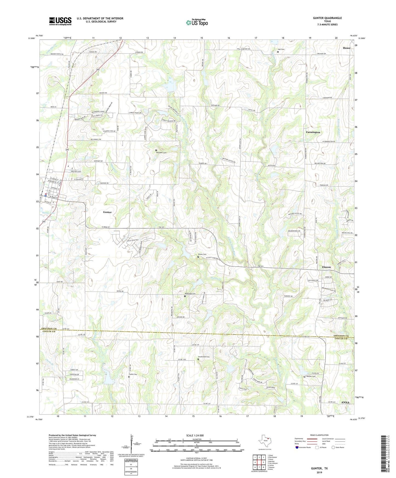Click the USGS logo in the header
click(x=60, y=21)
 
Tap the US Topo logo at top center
click(x=196, y=22)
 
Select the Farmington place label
click(x=313, y=132)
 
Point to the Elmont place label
click(x=326, y=267)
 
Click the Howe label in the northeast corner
click(x=346, y=48)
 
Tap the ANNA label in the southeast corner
click(x=345, y=402)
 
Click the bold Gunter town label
click(x=107, y=212)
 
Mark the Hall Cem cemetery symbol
click(x=278, y=52)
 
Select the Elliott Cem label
click(x=202, y=254)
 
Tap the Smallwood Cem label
click(x=204, y=357)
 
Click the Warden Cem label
click(x=311, y=376)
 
